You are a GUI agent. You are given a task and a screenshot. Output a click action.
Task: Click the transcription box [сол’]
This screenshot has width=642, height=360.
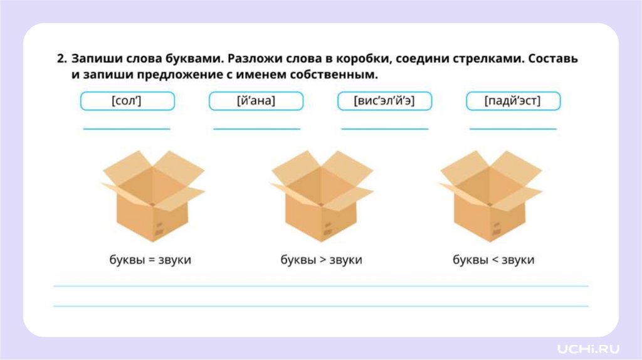pos(127,101)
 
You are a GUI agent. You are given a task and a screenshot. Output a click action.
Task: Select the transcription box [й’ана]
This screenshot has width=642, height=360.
pos(256,101)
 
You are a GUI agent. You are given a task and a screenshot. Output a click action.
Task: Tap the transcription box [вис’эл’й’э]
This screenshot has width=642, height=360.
pos(384,101)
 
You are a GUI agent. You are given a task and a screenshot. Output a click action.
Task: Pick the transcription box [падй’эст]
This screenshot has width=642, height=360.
pos(513,101)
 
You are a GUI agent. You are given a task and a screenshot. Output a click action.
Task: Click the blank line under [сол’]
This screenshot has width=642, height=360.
pos(127,129)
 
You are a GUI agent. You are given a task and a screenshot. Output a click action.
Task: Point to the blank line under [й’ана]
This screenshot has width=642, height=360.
pos(256,129)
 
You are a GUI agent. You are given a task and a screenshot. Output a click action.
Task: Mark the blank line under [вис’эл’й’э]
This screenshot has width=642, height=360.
pos(384,129)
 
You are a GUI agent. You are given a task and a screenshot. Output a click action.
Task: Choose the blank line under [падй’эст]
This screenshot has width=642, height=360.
pos(513,129)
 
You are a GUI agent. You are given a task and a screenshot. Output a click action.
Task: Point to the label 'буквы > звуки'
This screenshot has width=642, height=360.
pos(321,260)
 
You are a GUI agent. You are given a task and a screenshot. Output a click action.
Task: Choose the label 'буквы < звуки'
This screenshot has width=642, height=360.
pos(493,260)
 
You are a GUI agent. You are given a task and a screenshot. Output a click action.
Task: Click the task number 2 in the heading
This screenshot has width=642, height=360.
pos(61,59)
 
